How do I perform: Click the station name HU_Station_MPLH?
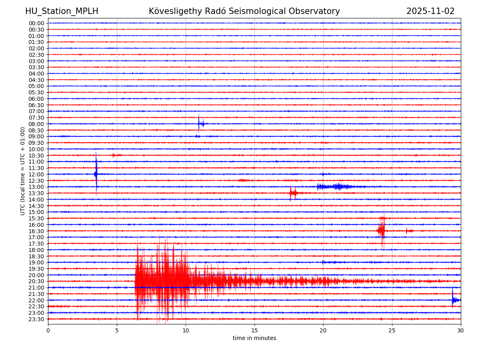tap(62, 11)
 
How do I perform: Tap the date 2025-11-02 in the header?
tap(430, 11)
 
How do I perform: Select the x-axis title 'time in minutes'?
tap(254, 338)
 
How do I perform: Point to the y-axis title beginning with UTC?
tap(23, 171)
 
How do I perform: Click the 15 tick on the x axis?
tap(254, 330)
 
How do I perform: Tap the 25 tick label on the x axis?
tap(392, 330)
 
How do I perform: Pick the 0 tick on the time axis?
tap(48, 330)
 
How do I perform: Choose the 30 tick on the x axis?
tap(461, 330)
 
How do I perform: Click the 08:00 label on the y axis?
tap(36, 124)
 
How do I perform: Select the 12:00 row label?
tap(36, 174)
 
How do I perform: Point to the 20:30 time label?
tap(36, 281)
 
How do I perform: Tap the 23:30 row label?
tap(36, 319)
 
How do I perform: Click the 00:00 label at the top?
tap(36, 23)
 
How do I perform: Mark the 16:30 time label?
tap(36, 231)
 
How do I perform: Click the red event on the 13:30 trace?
tap(292, 193)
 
